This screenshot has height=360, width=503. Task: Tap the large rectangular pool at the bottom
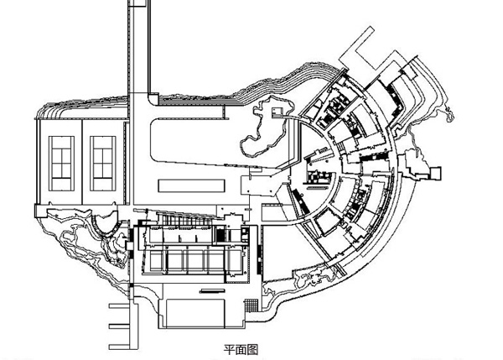tap(201, 313)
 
